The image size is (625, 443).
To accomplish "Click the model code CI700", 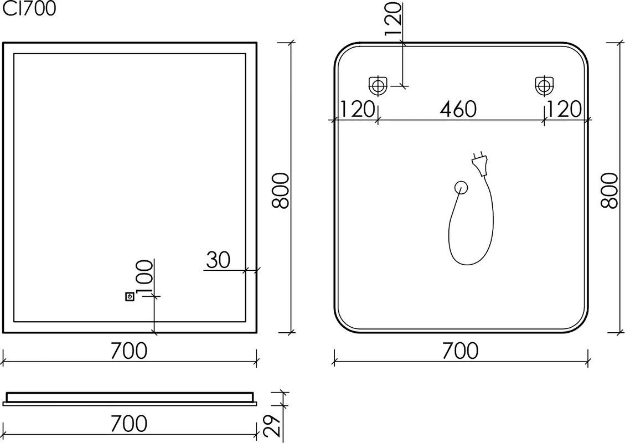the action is pos(29,8).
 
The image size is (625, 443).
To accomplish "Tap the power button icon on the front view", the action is pos(130,297).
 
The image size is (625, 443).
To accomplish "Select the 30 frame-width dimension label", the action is pos(218,260).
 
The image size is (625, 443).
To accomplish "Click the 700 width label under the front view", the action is pos(129,351).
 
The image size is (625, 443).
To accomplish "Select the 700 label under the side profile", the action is pos(129,424).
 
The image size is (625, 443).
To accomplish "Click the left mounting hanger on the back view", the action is pos(378,86).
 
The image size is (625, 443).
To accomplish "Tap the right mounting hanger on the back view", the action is pos(544,86).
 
